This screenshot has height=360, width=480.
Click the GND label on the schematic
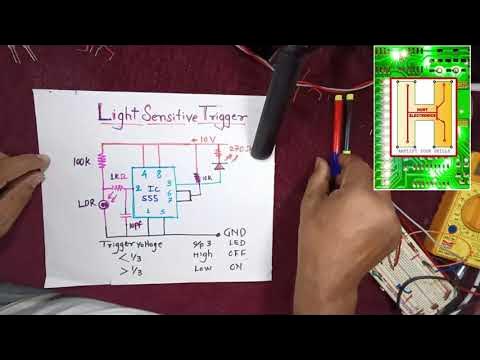(236, 234)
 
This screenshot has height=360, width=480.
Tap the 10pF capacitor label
(138, 225)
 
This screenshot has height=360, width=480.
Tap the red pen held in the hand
(337, 130)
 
